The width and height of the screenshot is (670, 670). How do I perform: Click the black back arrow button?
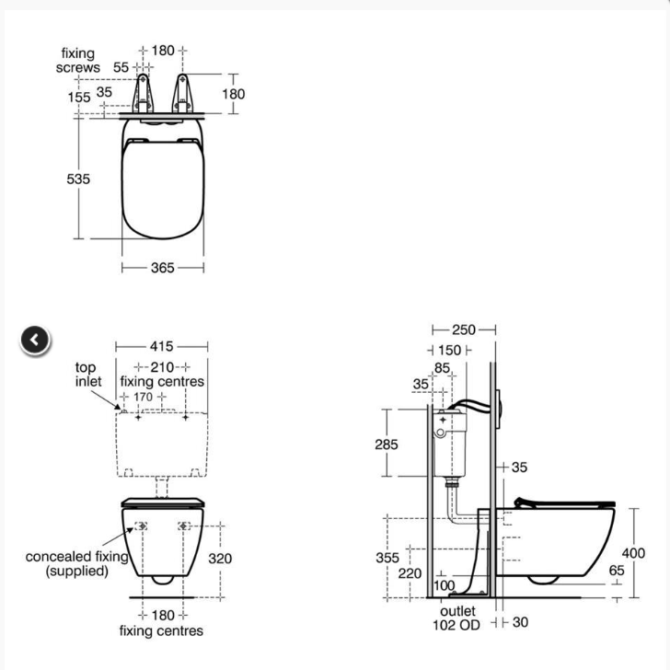34,341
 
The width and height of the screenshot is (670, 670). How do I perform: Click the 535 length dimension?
78,179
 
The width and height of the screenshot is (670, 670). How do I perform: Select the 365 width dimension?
163,268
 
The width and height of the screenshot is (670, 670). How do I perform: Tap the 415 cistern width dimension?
162,347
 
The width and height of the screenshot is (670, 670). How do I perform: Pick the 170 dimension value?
144,397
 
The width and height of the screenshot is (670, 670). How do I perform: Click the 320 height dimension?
220,558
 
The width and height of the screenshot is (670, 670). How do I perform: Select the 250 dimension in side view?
463,329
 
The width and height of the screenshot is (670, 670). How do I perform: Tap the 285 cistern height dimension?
387,445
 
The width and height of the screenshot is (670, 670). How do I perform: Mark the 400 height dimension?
633,553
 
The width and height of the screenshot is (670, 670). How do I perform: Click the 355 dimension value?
387,557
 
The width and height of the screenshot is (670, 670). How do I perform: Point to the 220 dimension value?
410,573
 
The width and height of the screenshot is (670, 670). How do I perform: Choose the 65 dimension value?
616,571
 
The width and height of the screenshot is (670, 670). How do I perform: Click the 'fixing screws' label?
77,61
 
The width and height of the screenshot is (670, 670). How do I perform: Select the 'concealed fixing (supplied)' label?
76,563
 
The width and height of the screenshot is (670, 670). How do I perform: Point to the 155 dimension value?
78,97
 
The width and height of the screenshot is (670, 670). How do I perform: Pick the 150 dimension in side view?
449,351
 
